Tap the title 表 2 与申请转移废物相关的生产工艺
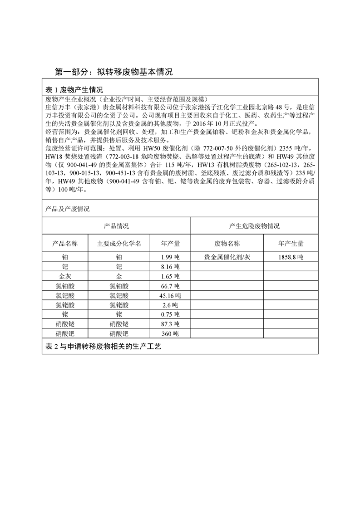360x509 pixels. [x=104, y=347]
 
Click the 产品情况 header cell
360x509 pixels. [x=116, y=226]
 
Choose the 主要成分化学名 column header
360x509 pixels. [x=119, y=244]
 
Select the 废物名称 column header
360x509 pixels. [x=227, y=244]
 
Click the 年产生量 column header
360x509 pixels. [x=291, y=244]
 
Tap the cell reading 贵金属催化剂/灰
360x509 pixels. [x=227, y=257]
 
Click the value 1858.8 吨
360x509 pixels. [x=291, y=257]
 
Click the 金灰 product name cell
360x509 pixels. [x=66, y=276]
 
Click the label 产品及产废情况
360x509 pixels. [x=68, y=209]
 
